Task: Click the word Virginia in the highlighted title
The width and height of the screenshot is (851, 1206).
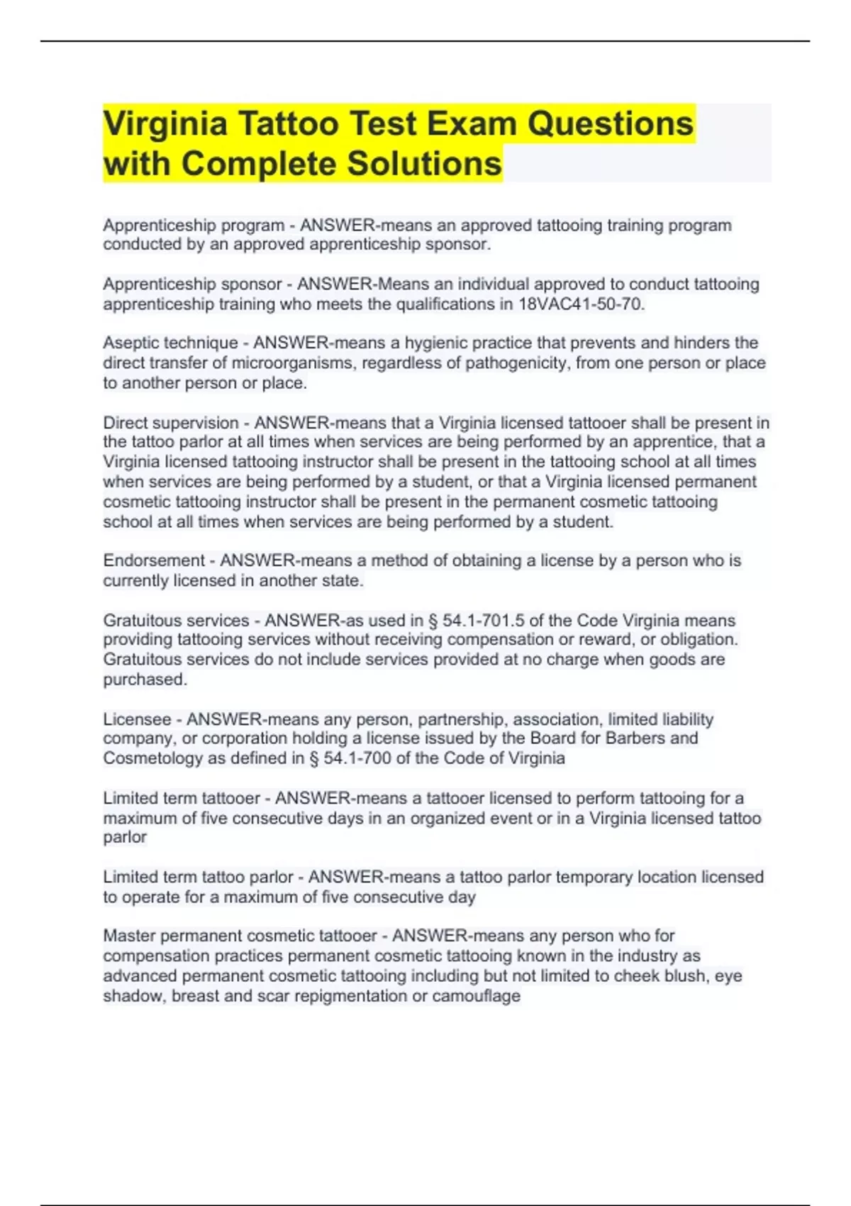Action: coord(165,124)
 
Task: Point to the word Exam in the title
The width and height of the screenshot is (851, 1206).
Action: coord(477,124)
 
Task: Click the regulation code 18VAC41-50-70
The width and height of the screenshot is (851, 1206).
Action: coord(580,304)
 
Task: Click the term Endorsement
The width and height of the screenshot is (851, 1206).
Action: coord(154,560)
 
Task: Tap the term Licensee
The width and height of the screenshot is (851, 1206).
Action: coord(138,719)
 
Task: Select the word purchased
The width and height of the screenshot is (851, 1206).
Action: coord(145,680)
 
